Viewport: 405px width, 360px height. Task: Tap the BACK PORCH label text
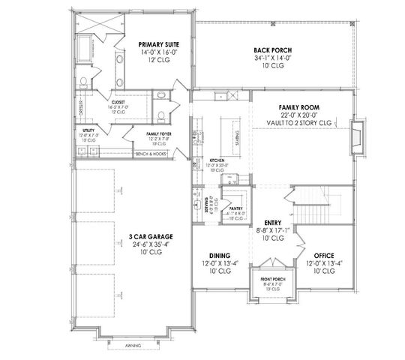coord(273,51)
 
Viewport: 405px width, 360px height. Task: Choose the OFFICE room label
coord(324,255)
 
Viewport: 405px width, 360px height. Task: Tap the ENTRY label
coord(272,223)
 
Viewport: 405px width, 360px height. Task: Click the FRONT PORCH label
coord(271,277)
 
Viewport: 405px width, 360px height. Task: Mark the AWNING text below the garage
coord(132,346)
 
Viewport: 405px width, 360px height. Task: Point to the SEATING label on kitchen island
coord(240,139)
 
